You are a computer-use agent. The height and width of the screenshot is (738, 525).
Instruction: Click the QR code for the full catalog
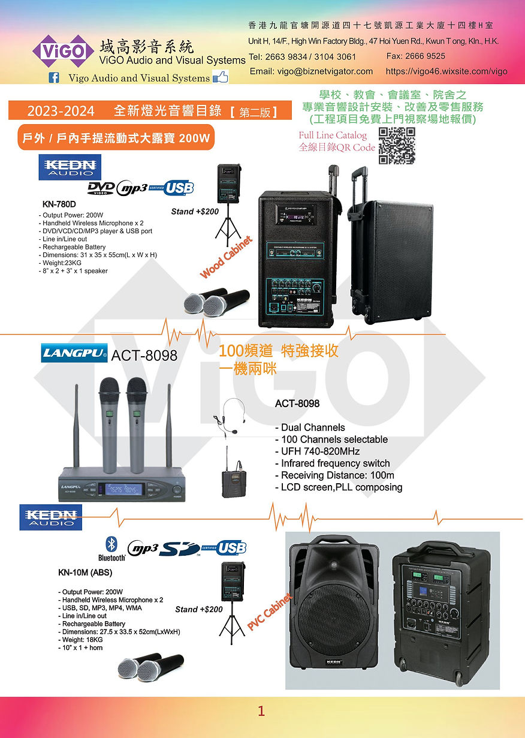click(x=397, y=146)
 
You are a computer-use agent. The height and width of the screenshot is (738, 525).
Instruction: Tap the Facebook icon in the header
click(x=53, y=77)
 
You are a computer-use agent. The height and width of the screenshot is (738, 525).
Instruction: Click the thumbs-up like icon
click(x=221, y=77)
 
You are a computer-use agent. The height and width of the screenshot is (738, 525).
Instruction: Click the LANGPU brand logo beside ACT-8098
click(x=74, y=354)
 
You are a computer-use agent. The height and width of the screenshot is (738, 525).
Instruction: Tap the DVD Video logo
click(x=101, y=188)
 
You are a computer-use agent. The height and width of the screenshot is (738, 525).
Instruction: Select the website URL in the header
click(x=446, y=71)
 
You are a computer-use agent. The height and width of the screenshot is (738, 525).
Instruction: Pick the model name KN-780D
click(x=59, y=204)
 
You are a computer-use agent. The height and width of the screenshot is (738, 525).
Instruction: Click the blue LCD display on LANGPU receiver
click(x=123, y=489)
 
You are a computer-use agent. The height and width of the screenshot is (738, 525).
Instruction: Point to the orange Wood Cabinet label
click(x=226, y=258)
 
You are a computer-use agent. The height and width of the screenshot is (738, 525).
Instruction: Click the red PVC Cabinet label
click(x=269, y=612)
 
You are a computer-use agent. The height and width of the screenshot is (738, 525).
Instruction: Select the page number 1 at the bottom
click(x=261, y=711)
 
